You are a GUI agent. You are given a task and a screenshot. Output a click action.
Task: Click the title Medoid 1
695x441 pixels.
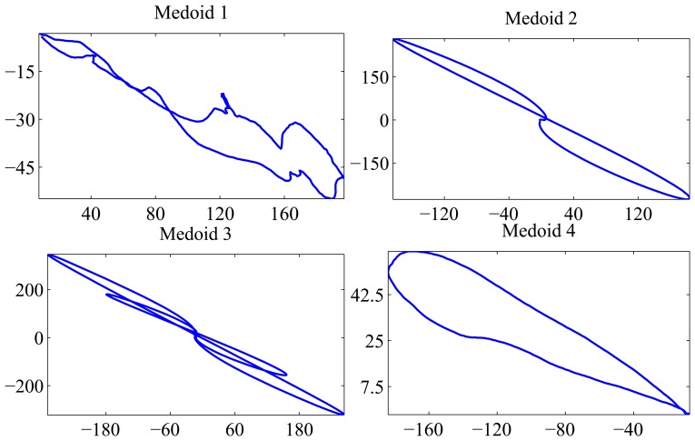192,13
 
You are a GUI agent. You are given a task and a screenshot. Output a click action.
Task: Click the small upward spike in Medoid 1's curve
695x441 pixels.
223,95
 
